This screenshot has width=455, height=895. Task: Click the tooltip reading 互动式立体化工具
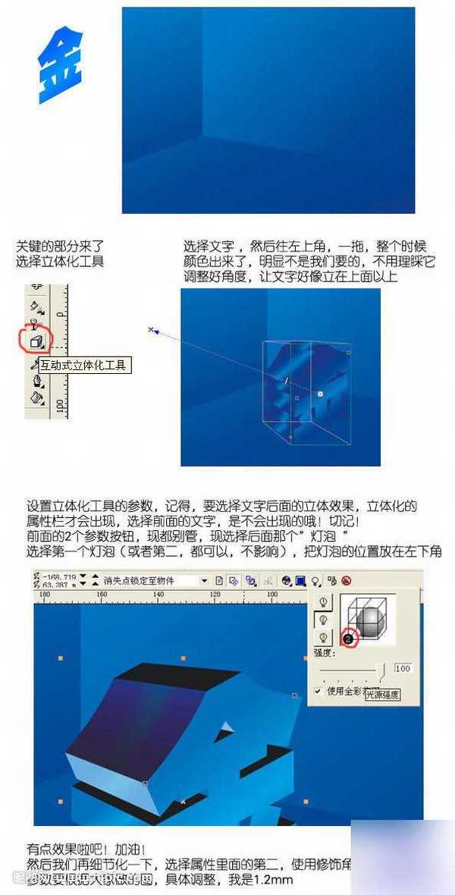[x=83, y=366]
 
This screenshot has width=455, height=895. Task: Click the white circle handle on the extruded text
[x=320, y=394]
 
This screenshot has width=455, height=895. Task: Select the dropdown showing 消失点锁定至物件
[x=155, y=581]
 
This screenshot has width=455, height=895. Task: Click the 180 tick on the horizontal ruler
[x=44, y=595]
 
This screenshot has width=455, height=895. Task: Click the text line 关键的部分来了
[x=59, y=247]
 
